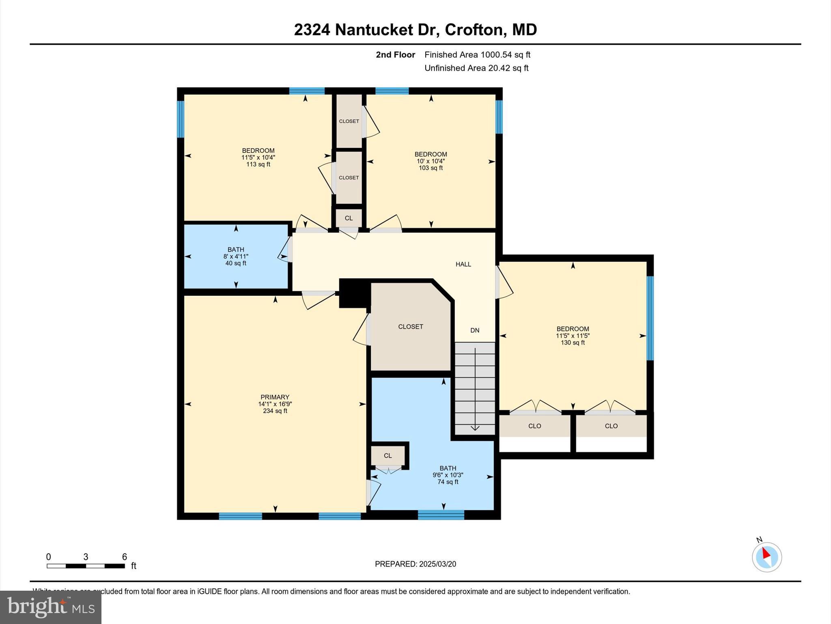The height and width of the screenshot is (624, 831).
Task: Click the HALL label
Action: click(x=463, y=264)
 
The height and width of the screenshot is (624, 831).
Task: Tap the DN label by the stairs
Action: click(x=475, y=330)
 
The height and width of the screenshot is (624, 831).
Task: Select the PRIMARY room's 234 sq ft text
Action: click(x=275, y=411)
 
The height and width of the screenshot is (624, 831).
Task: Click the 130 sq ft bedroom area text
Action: click(x=573, y=343)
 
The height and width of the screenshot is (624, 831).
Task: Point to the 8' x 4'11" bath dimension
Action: click(x=236, y=257)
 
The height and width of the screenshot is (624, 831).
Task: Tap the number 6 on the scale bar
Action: click(x=125, y=557)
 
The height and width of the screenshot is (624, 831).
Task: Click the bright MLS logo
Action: click(x=50, y=607)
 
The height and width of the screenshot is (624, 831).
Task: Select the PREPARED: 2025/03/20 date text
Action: click(x=415, y=564)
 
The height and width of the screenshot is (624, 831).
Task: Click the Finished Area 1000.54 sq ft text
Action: click(x=477, y=55)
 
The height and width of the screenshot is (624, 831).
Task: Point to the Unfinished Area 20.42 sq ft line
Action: click(x=476, y=68)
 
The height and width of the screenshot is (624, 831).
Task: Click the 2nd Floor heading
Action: click(x=395, y=55)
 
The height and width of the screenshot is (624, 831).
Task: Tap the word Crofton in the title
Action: click(x=474, y=30)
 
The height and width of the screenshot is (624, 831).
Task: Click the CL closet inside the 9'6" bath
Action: click(x=388, y=456)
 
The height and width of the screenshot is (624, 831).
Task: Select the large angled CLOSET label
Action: click(x=410, y=327)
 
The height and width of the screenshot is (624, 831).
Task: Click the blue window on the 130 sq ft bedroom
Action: click(x=650, y=318)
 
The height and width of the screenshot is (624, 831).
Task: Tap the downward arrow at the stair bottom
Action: click(x=475, y=427)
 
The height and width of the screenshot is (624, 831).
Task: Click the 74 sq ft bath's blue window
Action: click(x=441, y=515)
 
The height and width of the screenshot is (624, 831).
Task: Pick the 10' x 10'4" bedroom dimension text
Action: click(x=431, y=161)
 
